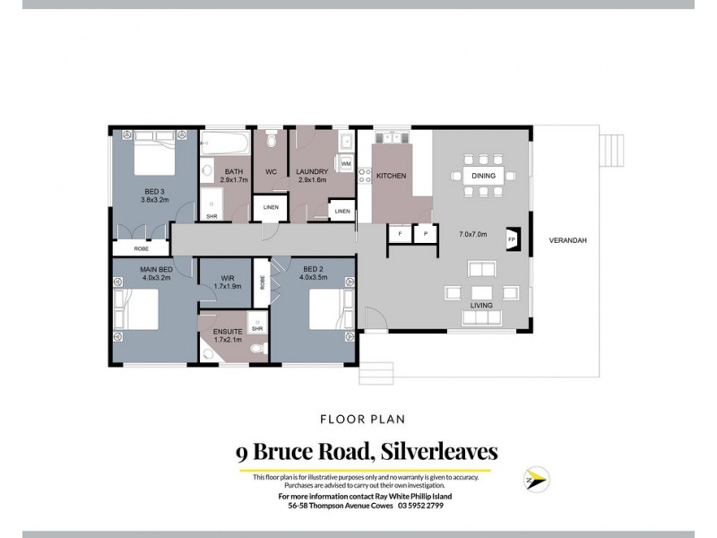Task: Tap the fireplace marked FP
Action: (x=513, y=240)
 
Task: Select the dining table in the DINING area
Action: (x=482, y=176)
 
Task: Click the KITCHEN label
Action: (x=392, y=177)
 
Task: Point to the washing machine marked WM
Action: (x=346, y=164)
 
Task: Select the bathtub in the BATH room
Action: (x=225, y=143)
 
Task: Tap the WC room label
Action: (x=270, y=171)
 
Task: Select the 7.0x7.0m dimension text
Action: (x=472, y=234)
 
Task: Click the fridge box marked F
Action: (x=399, y=234)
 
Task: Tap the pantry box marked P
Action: (x=424, y=234)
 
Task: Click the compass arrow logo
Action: (x=534, y=479)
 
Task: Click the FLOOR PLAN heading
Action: (x=358, y=418)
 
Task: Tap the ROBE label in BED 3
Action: (x=142, y=248)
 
